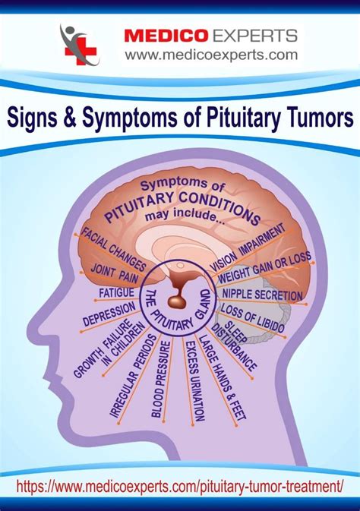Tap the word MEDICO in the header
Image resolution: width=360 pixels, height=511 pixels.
pyautogui.click(x=166, y=36)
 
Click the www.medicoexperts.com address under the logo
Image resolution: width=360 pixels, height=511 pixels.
pyautogui.click(x=211, y=55)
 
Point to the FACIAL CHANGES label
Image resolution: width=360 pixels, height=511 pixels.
pyautogui.click(x=113, y=249)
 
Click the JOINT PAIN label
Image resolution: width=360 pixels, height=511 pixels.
pyautogui.click(x=115, y=273)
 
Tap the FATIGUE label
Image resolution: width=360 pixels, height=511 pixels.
pyautogui.click(x=116, y=293)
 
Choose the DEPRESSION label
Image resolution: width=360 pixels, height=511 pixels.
pyautogui.click(x=109, y=314)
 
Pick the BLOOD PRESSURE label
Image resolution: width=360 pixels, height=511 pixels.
pyautogui.click(x=162, y=379)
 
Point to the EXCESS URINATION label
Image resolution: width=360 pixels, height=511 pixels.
pyautogui.click(x=195, y=381)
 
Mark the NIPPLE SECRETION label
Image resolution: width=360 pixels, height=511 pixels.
pyautogui.click(x=262, y=295)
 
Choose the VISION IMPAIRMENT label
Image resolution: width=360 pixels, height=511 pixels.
pyautogui.click(x=248, y=248)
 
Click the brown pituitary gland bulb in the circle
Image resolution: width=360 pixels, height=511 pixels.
pyautogui.click(x=177, y=301)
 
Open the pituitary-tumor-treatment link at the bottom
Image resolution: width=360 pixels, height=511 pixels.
pyautogui.click(x=180, y=487)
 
